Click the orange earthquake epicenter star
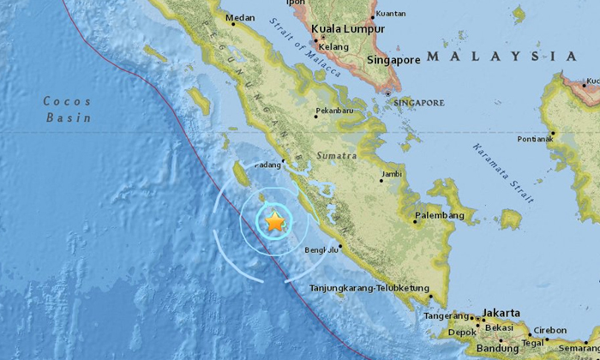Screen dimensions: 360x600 pos(274,221)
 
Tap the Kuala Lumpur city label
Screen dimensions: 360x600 pos(348,28)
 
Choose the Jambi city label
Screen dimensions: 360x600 pos(392,174)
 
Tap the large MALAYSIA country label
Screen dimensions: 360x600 pos(501,56)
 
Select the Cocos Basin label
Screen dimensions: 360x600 pos(67,110)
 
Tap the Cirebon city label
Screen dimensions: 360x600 pos(549,330)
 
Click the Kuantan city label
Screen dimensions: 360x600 pos(390,14)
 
